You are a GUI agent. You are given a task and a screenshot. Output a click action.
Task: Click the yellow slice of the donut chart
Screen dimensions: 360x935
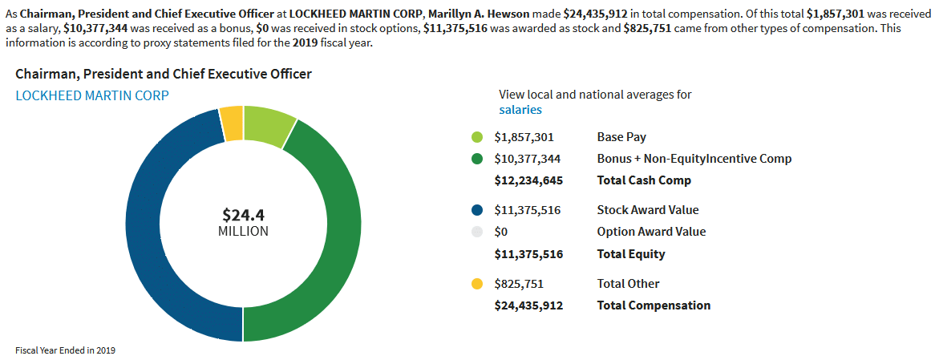(x=232, y=123)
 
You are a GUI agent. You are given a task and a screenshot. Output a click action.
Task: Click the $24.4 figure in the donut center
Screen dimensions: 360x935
(x=243, y=215)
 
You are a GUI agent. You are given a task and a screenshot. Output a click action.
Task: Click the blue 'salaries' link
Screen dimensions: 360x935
(x=520, y=110)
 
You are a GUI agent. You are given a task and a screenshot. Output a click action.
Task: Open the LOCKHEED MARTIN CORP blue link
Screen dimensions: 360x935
(x=92, y=95)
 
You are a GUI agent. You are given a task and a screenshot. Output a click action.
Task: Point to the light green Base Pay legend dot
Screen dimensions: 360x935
(x=477, y=137)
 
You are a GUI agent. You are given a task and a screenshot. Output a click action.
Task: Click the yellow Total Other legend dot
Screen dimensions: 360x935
(x=477, y=284)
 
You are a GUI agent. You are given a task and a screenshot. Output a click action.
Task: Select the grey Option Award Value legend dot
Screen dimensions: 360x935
(x=477, y=232)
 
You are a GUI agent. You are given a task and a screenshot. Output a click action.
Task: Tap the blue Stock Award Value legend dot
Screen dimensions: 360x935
(x=477, y=210)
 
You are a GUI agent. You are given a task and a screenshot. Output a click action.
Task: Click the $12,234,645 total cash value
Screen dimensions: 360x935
(x=528, y=180)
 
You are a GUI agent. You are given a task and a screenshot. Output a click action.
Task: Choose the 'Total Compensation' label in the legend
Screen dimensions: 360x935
(x=654, y=305)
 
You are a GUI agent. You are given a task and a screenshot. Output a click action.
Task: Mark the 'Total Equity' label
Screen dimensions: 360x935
(x=631, y=254)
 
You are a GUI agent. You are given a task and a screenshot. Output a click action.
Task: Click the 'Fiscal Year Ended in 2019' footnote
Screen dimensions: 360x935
(x=66, y=350)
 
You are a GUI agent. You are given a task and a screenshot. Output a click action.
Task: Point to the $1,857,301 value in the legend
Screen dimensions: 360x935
(x=524, y=137)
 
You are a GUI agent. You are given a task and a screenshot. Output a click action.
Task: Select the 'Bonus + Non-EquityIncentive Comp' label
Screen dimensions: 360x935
(x=694, y=159)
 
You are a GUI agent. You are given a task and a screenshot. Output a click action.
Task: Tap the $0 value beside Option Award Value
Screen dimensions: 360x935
(x=501, y=232)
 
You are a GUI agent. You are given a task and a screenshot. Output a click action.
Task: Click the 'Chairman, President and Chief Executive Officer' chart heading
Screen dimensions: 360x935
(x=164, y=74)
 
